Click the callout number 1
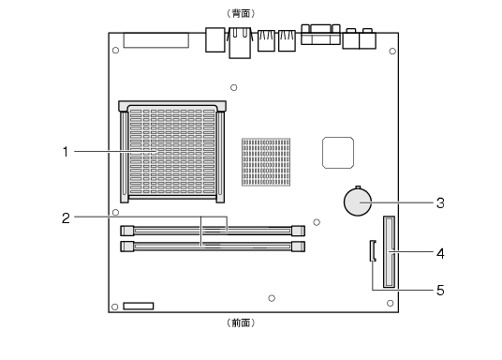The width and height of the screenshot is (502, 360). [66, 152]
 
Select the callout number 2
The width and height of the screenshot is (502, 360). [66, 218]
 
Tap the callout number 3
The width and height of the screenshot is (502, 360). [440, 202]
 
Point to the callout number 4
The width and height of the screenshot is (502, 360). [440, 253]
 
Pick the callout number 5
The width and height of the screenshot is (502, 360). [440, 290]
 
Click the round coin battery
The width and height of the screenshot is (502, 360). [358, 202]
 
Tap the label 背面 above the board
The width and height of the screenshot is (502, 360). [241, 13]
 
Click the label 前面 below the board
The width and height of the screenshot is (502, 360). [241, 322]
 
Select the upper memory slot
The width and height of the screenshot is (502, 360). [213, 231]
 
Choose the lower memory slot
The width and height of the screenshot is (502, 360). [213, 247]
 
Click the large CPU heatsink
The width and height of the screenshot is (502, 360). [172, 152]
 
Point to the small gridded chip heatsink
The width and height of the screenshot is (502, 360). [266, 162]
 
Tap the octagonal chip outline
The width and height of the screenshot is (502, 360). [338, 153]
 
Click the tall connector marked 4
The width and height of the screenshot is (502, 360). [389, 251]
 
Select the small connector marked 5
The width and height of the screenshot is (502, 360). [373, 250]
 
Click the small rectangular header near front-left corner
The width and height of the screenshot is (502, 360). [139, 307]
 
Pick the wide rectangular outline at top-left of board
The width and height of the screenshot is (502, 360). [155, 40]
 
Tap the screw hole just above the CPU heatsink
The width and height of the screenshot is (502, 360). [234, 87]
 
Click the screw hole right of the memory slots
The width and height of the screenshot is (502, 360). [317, 222]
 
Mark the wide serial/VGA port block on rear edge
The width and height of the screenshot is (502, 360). [320, 34]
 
